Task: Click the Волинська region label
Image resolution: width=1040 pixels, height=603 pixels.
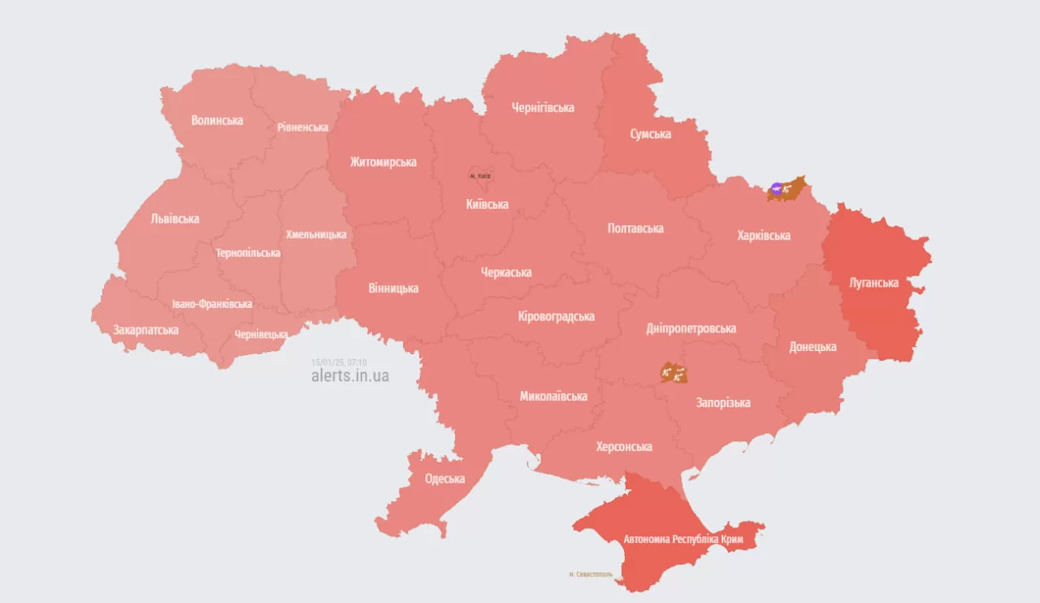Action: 217,120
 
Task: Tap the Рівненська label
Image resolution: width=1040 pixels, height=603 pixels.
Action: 302,128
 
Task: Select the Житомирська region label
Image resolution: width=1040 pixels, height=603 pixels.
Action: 383,162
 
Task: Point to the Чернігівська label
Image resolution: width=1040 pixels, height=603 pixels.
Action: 543,107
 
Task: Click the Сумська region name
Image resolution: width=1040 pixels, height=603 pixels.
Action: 650,134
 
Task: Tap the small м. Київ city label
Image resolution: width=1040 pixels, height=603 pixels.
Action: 480,176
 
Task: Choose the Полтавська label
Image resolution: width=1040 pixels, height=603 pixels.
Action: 635,228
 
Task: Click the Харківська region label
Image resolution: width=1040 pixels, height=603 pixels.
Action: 764,236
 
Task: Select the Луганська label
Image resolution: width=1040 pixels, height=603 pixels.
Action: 873,283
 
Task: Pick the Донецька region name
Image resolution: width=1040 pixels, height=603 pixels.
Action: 812,347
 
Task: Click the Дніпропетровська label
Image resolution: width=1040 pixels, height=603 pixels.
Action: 691,328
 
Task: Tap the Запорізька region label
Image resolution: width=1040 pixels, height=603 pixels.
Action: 723,402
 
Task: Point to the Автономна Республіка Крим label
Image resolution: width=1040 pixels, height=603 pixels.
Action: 689,540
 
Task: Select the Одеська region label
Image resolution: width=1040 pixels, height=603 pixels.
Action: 444,479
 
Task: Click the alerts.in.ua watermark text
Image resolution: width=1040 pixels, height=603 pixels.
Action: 349,376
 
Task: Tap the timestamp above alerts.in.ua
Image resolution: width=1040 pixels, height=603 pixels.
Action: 339,362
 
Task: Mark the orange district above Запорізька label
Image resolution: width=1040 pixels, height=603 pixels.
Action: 674,373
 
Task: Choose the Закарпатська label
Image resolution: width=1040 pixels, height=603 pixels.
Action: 146,330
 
